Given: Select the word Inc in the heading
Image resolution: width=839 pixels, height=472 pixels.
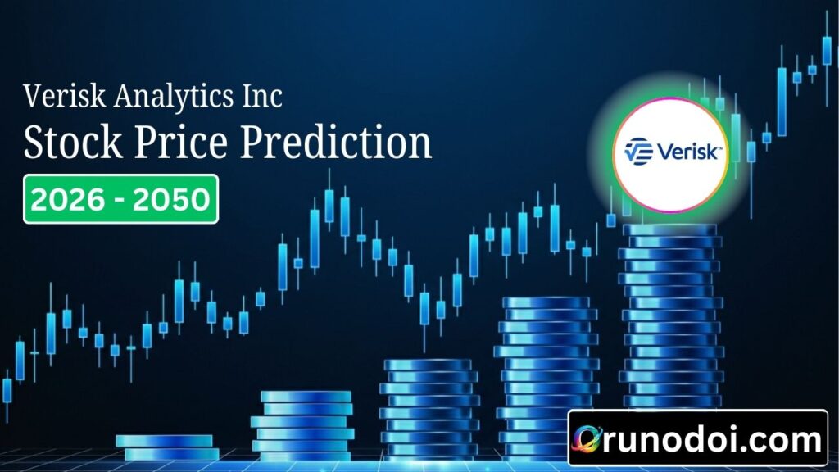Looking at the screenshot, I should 261,97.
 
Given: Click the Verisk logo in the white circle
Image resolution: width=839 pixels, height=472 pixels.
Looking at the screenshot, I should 671,152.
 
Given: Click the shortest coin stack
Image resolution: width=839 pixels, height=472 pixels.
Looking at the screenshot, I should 167,447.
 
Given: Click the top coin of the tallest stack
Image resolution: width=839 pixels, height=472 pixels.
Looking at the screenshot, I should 669,230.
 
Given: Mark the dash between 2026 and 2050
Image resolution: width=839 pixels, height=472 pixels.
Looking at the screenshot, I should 120,200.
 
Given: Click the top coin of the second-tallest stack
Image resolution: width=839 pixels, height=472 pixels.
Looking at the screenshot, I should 546,302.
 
